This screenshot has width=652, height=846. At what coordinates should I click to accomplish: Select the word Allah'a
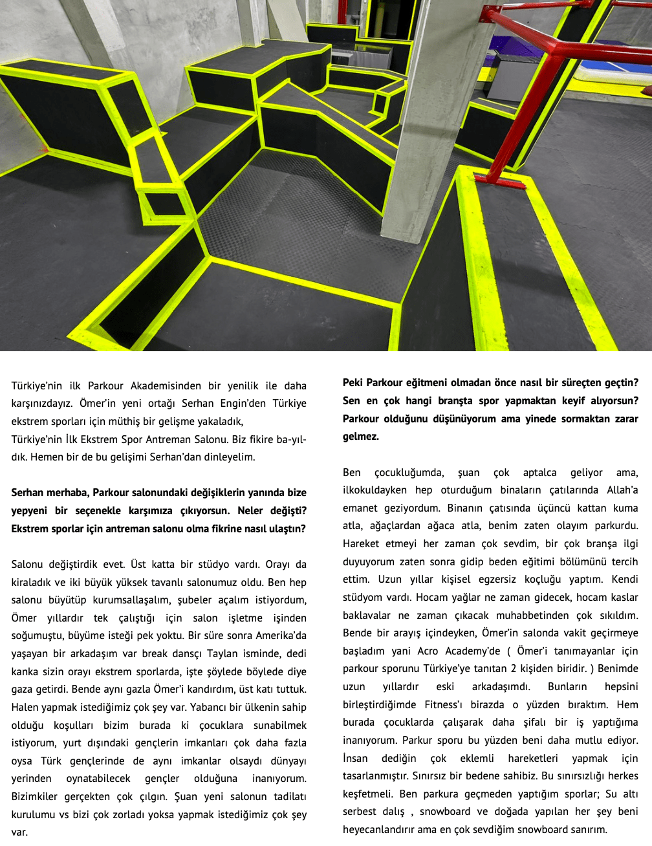[x=622, y=490]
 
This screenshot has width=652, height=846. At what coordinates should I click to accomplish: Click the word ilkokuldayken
[x=375, y=490]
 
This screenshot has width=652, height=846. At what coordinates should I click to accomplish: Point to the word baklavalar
[x=367, y=615]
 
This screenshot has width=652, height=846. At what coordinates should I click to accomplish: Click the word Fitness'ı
[x=444, y=704]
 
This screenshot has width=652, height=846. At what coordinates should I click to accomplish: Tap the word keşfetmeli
[x=368, y=794]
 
